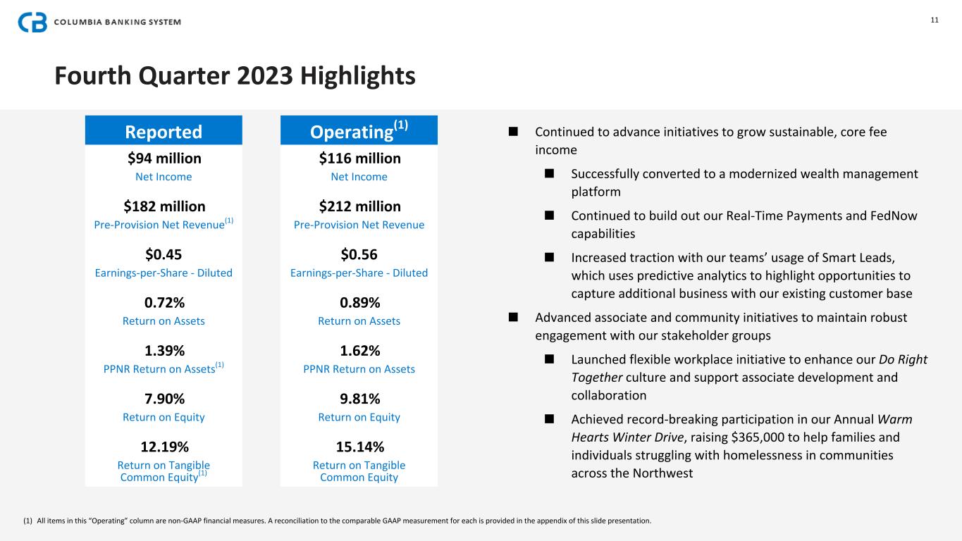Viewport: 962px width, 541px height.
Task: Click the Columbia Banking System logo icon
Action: (32, 22)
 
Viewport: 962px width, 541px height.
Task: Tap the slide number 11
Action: (935, 20)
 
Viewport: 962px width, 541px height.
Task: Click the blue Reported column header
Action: (164, 132)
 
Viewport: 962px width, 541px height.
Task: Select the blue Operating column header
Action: (359, 131)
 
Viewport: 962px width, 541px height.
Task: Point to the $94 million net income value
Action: (164, 158)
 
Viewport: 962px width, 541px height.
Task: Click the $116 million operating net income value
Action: (359, 158)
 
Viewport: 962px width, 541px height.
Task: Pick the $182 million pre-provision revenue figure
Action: (164, 206)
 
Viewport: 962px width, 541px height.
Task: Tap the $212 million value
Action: (359, 206)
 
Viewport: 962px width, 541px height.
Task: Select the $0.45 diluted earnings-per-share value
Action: (164, 254)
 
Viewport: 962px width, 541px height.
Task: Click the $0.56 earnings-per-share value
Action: (359, 254)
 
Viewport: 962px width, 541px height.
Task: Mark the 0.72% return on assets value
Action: (164, 303)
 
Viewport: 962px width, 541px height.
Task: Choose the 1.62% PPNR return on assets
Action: (359, 351)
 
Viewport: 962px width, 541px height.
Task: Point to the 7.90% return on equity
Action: (164, 399)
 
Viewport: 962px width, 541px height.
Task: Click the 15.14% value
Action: (359, 447)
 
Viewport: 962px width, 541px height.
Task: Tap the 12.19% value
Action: (164, 447)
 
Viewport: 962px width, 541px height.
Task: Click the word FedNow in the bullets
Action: (892, 216)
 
